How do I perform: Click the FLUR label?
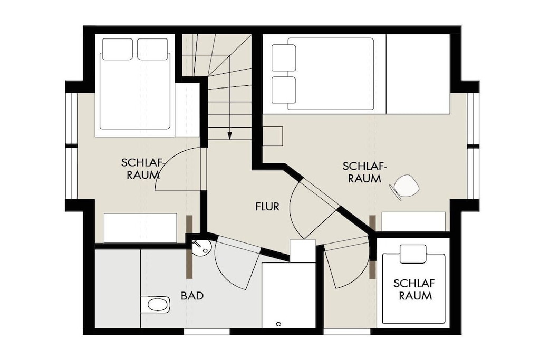(x=267, y=207)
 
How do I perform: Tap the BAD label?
(x=192, y=296)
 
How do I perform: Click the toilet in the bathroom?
(x=156, y=305)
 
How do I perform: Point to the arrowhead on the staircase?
(x=229, y=136)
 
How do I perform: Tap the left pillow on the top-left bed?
(x=118, y=49)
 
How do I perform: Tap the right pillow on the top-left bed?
(x=152, y=49)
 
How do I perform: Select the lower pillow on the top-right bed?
(x=284, y=90)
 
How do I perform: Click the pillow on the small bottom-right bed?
(x=413, y=254)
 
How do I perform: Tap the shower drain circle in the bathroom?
(x=278, y=324)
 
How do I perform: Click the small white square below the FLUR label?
(x=303, y=251)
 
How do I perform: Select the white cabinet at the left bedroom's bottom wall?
(x=140, y=228)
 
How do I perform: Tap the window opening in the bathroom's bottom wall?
(x=207, y=332)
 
